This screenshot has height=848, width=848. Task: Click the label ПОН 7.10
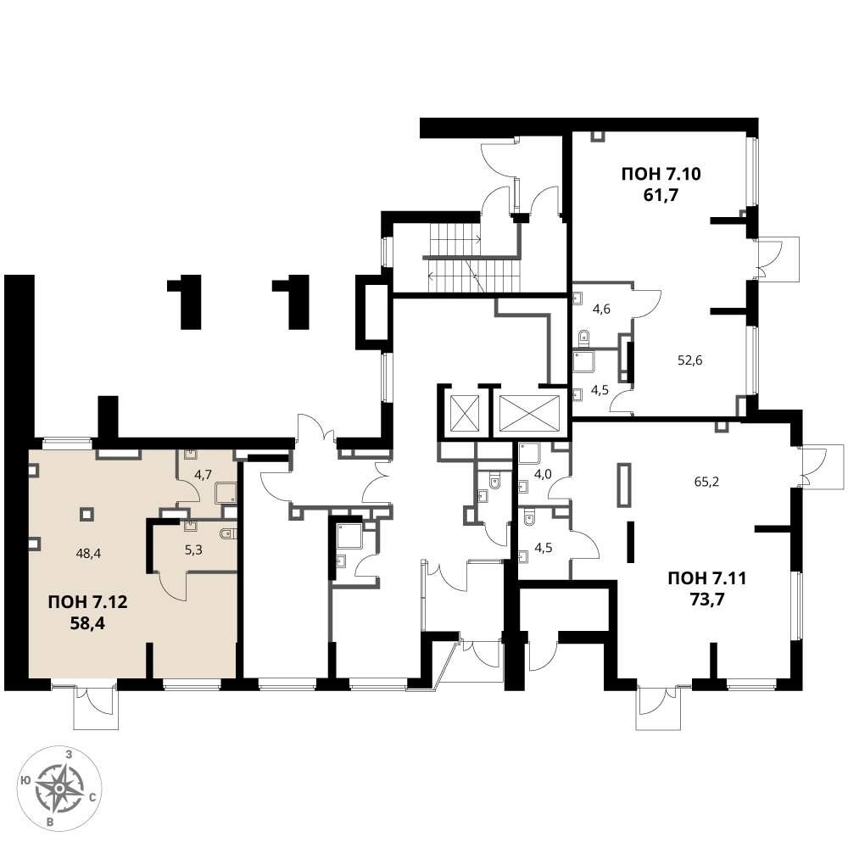pyautogui.click(x=661, y=174)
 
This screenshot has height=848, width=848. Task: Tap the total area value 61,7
pyautogui.click(x=661, y=195)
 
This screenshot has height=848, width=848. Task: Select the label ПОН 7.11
pyautogui.click(x=707, y=578)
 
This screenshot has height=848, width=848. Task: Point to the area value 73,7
pyautogui.click(x=707, y=600)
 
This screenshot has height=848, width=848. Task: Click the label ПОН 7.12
pyautogui.click(x=87, y=602)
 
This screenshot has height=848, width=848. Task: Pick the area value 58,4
pyautogui.click(x=87, y=623)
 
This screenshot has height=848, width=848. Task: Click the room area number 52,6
pyautogui.click(x=690, y=360)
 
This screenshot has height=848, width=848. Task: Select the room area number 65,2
pyautogui.click(x=706, y=482)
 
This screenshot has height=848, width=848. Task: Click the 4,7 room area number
pyautogui.click(x=203, y=474)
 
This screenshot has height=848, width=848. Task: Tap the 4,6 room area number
pyautogui.click(x=601, y=310)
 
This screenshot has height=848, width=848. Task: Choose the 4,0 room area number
pyautogui.click(x=543, y=474)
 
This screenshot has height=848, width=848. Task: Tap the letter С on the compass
pyautogui.click(x=92, y=796)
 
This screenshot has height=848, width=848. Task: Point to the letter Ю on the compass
pyautogui.click(x=25, y=779)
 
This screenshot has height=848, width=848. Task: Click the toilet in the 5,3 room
pyautogui.click(x=229, y=533)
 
